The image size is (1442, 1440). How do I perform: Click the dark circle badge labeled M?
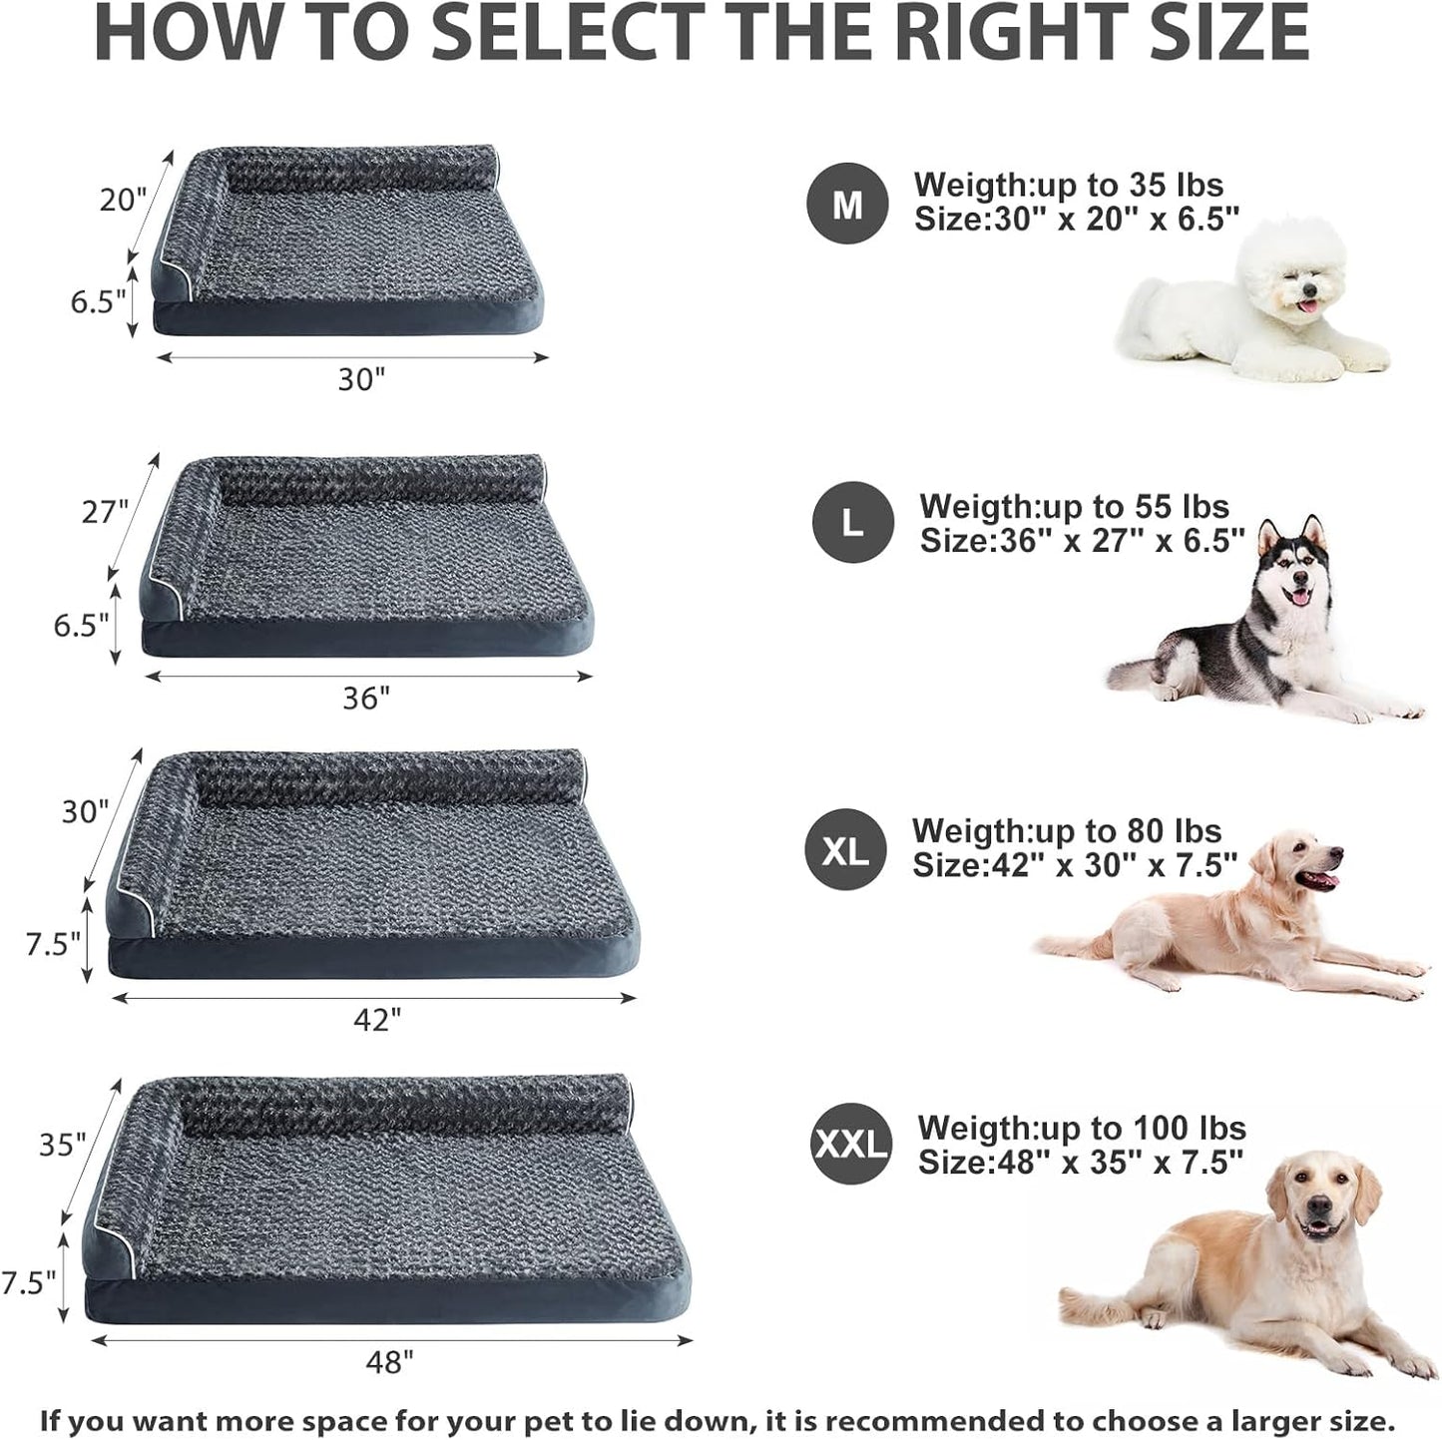[847, 204]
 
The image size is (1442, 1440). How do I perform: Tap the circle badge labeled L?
[852, 522]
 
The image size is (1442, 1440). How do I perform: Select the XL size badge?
[845, 849]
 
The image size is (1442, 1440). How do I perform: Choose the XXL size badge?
[851, 1144]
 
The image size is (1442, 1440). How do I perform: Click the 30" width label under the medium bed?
[360, 379]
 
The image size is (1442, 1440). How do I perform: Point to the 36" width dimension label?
[366, 698]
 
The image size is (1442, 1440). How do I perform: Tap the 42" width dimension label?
[377, 1019]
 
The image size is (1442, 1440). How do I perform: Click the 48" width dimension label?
[388, 1361]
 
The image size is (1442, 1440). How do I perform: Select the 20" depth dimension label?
[123, 200]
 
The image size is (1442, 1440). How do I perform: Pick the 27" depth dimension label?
[106, 511]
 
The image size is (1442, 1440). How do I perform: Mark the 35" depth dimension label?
[63, 1145]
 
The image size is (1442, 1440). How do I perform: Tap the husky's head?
[1295, 569]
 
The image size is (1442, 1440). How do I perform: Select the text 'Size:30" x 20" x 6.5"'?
[1077, 220]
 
